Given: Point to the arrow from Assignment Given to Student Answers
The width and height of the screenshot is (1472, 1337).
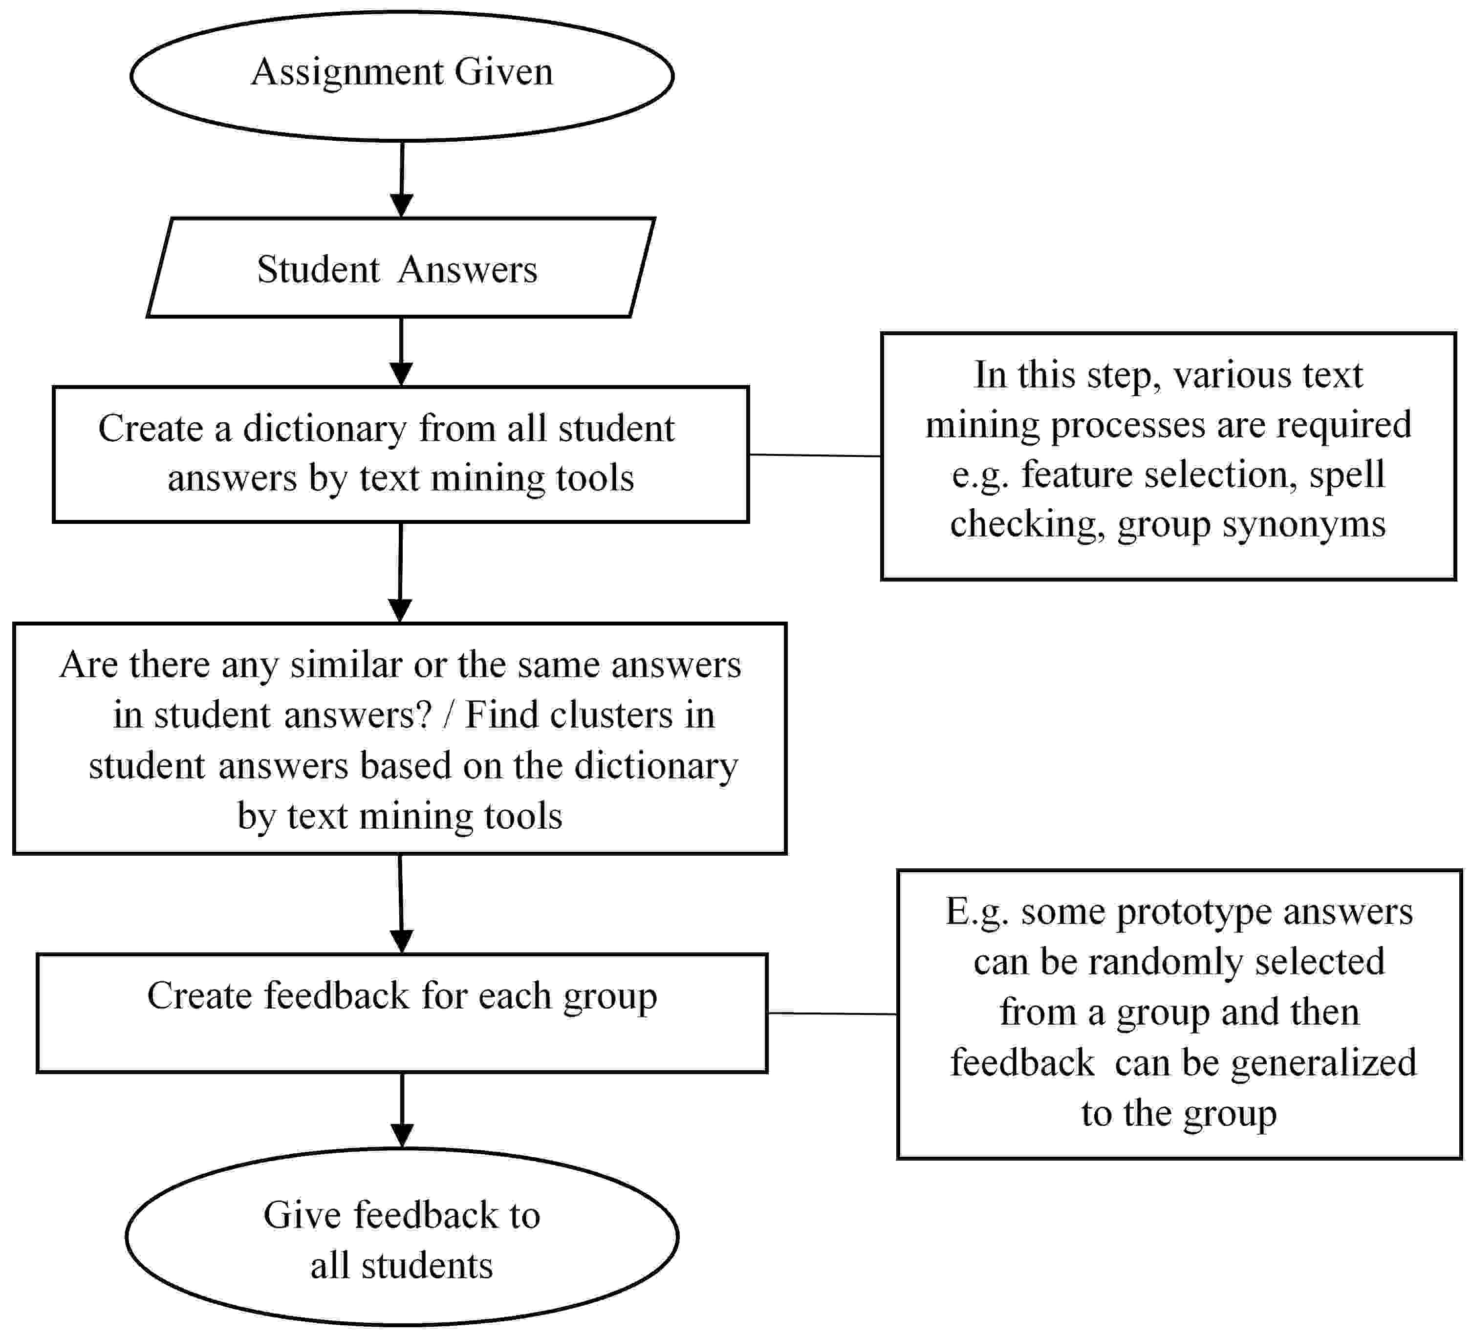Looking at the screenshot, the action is [402, 179].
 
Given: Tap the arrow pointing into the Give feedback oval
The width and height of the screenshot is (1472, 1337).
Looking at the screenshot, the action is [402, 1110].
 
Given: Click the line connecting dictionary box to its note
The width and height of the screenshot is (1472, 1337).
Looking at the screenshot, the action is [815, 455].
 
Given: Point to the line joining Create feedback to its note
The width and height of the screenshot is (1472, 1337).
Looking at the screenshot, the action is [832, 1014].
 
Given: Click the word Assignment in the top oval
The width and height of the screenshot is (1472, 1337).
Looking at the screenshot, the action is [347, 73].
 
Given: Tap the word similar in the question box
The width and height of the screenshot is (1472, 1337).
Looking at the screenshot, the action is [346, 665].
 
